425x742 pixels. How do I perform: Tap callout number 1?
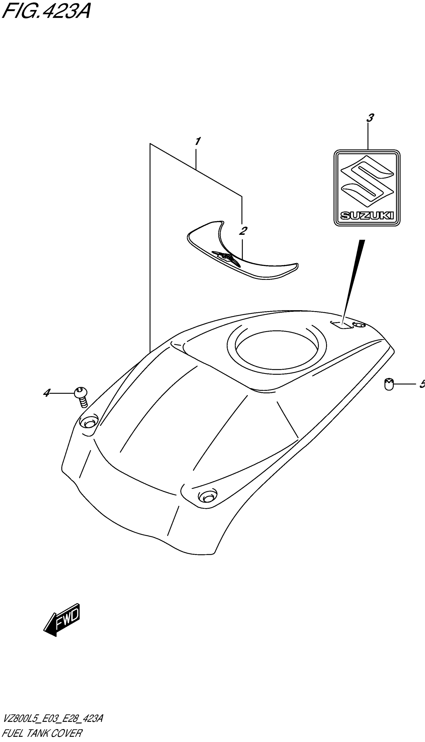(197, 142)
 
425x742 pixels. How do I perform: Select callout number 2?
(242, 231)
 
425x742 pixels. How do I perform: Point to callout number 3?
(370, 118)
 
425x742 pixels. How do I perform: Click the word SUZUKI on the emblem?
(367, 216)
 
